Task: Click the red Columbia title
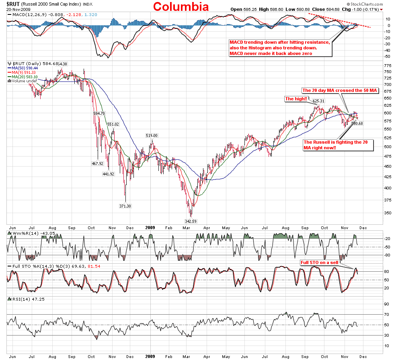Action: pos(181,7)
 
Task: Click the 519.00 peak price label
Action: pos(152,136)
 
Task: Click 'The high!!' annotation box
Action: pos(296,99)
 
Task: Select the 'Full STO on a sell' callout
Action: pos(320,262)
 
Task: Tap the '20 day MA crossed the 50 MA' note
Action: pos(340,91)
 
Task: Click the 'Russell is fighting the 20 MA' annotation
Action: pos(338,145)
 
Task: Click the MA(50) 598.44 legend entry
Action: pos(22,69)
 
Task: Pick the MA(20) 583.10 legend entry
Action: pos(22,77)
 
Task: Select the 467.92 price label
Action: pos(98,164)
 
